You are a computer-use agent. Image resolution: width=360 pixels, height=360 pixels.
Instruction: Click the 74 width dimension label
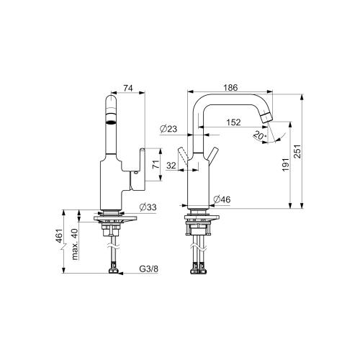click(x=128, y=88)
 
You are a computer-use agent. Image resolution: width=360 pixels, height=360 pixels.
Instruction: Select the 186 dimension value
click(x=230, y=88)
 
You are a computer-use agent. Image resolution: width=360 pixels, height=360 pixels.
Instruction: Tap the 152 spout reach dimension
click(x=233, y=122)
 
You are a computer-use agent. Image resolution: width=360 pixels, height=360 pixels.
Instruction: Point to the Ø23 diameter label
click(x=168, y=129)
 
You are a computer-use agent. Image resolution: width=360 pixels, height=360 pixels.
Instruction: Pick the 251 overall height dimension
click(x=297, y=151)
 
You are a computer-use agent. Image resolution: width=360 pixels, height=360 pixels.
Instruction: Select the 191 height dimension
click(x=285, y=165)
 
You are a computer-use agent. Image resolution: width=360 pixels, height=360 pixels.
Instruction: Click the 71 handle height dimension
click(x=156, y=164)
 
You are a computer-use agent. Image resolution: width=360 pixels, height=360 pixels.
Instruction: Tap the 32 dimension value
click(x=171, y=166)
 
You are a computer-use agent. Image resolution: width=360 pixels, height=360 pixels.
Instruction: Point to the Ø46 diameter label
click(x=222, y=199)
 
